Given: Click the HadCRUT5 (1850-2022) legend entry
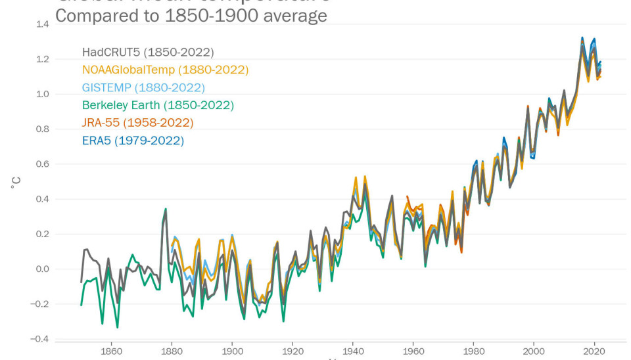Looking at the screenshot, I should (148, 53).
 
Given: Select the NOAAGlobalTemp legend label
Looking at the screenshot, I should (165, 70).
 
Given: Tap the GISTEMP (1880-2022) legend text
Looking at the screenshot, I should (143, 87).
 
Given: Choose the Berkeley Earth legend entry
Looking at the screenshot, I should (158, 105).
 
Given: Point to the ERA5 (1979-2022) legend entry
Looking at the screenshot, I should (133, 141).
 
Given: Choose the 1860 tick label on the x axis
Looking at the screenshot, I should (111, 350).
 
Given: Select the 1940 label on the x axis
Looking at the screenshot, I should (353, 350).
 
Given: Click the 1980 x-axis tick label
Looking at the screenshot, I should (474, 350).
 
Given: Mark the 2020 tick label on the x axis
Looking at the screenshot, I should (595, 350).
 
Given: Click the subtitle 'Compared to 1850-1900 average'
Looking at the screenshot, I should (191, 16).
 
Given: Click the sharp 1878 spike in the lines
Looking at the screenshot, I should (166, 210).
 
